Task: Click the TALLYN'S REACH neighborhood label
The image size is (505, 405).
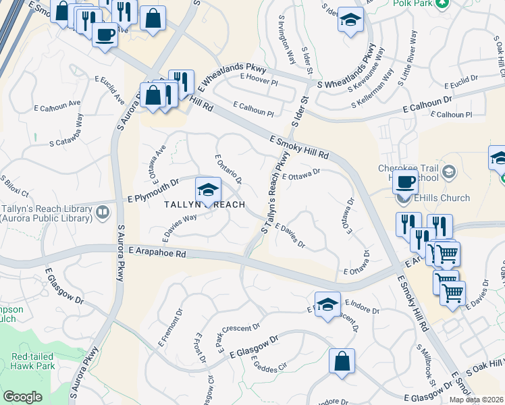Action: pyautogui.click(x=203, y=204)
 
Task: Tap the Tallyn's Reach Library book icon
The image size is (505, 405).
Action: pyautogui.click(x=103, y=213)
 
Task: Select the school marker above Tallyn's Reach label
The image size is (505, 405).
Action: pyautogui.click(x=208, y=190)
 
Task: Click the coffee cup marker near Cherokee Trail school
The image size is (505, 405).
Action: pyautogui.click(x=405, y=182)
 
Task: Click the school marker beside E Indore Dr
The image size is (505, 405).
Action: pyautogui.click(x=327, y=304)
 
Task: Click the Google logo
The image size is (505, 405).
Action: pyautogui.click(x=22, y=397)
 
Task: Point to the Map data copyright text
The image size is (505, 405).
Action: pyautogui.click(x=476, y=400)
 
